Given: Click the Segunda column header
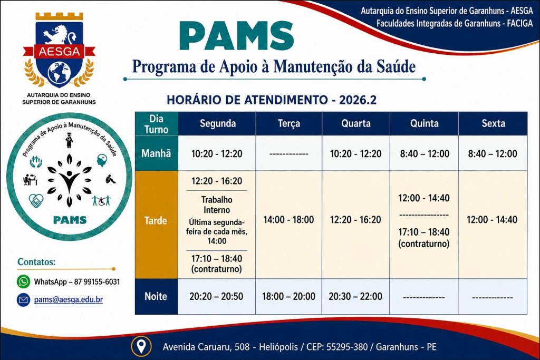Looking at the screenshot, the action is [x=218, y=123].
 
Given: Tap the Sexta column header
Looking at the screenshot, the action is [x=493, y=123].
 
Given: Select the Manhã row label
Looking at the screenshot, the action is [x=156, y=153].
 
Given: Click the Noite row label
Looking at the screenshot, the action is [x=156, y=296].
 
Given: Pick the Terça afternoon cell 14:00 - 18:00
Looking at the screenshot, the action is [x=288, y=220].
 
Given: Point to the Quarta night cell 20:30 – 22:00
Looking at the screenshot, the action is [x=355, y=296].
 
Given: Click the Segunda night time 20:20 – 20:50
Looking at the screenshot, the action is [x=216, y=296].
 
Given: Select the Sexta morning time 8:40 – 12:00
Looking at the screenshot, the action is [x=493, y=153].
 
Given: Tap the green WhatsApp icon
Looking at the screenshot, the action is [x=23, y=281].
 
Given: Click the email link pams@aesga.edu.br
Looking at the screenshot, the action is [x=68, y=300].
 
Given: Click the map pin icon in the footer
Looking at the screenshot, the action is [x=141, y=346].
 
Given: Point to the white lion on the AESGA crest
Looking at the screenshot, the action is [x=59, y=34].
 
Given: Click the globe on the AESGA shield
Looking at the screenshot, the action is [x=59, y=74].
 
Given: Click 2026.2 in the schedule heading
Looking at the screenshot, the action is [x=358, y=100].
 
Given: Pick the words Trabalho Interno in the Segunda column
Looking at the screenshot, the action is [x=217, y=205].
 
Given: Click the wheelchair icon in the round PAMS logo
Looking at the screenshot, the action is [x=102, y=201].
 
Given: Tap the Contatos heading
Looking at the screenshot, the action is [x=36, y=262].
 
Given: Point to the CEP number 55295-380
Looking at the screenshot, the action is [x=347, y=347].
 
